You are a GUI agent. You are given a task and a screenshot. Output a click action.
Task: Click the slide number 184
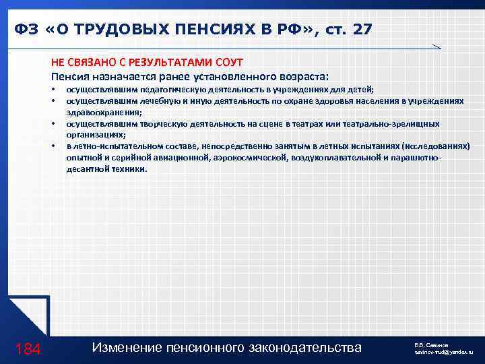(28, 348)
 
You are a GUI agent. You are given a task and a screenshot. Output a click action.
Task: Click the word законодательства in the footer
(309, 348)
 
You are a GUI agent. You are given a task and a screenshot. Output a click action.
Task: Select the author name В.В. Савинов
(431, 344)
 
